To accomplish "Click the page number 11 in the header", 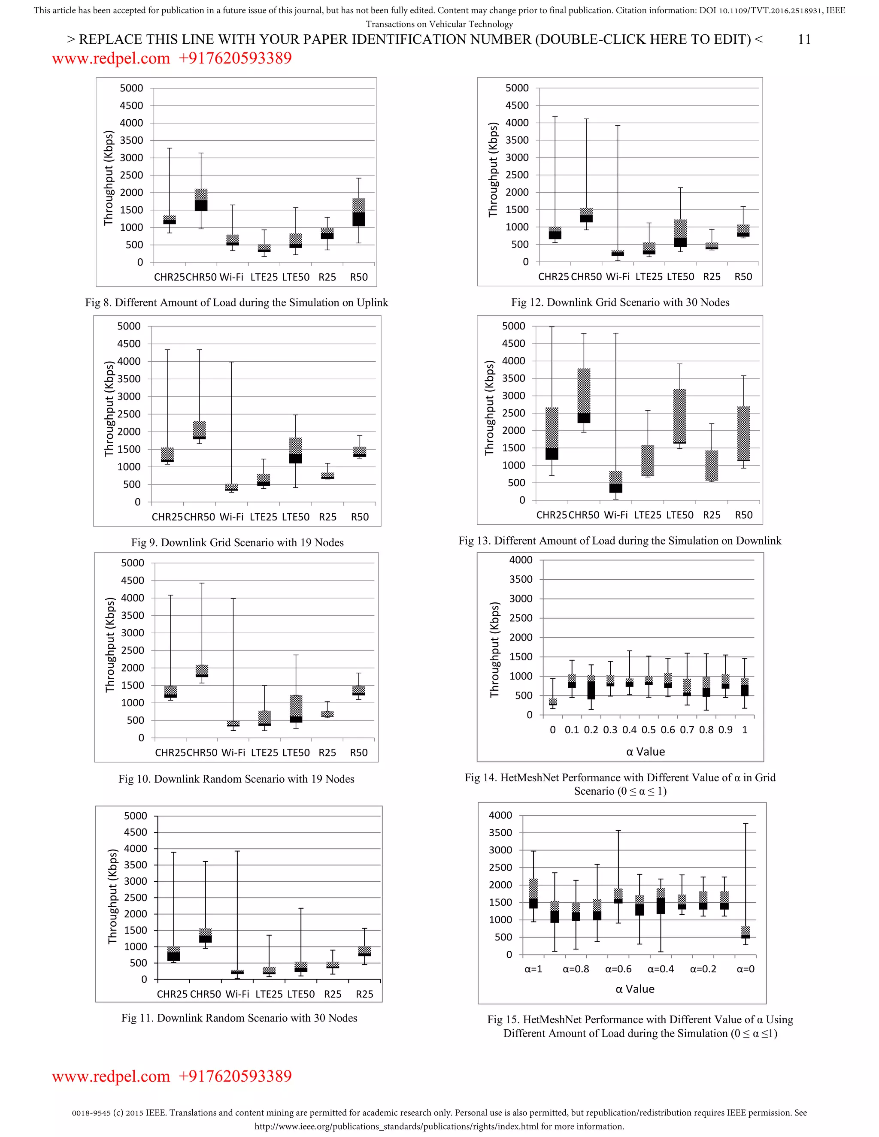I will pyautogui.click(x=804, y=39).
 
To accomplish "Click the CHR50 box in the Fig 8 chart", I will pyautogui.click(x=201, y=200).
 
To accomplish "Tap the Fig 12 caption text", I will pyautogui.click(x=620, y=302).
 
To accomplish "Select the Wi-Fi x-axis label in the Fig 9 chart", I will pyautogui.click(x=231, y=517).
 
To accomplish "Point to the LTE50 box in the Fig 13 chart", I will pyautogui.click(x=679, y=417).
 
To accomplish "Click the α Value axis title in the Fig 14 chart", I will pyautogui.click(x=645, y=752).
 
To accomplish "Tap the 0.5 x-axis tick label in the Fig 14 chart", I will pyautogui.click(x=649, y=730).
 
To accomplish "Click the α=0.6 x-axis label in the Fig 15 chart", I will pyautogui.click(x=618, y=969).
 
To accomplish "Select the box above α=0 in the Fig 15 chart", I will pyautogui.click(x=746, y=932).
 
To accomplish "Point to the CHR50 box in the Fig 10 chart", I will pyautogui.click(x=202, y=671).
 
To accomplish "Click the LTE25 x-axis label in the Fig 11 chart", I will pyautogui.click(x=269, y=995).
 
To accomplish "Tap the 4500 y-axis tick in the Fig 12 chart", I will pyautogui.click(x=517, y=105).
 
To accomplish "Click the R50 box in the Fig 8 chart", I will pyautogui.click(x=359, y=212).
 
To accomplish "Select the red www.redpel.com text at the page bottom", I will pyautogui.click(x=111, y=1076).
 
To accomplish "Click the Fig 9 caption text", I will pyautogui.click(x=237, y=542).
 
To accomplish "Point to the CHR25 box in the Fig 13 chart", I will pyautogui.click(x=552, y=434).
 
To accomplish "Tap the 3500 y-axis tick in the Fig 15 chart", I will pyautogui.click(x=500, y=832).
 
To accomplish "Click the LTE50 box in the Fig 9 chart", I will pyautogui.click(x=295, y=451).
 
